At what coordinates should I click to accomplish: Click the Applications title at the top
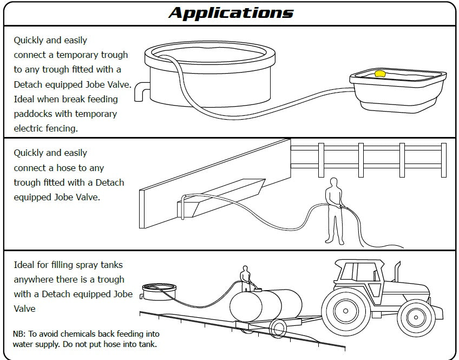(231, 12)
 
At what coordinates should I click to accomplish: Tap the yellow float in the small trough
(380, 74)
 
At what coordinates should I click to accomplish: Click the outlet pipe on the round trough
(140, 90)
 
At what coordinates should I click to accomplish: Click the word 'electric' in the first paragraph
(30, 129)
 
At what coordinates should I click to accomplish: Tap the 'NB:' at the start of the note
(19, 334)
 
